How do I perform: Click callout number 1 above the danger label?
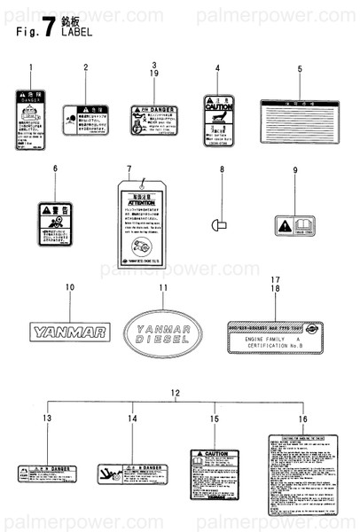click(32, 68)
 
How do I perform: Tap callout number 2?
click(86, 67)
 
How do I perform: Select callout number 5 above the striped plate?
click(300, 68)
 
